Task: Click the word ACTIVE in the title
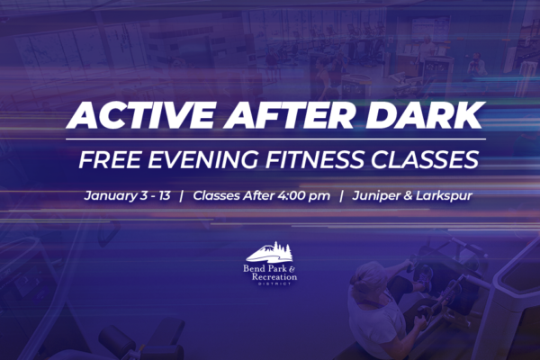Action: [x=139, y=115]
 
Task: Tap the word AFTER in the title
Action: [x=289, y=115]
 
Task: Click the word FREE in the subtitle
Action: [x=110, y=159]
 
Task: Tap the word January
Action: [x=111, y=196]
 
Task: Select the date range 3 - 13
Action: [x=156, y=195]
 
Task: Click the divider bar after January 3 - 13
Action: [x=181, y=195]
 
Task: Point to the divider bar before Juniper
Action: [x=341, y=195]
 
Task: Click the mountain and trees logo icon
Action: [x=269, y=252]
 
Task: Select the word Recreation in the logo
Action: [x=274, y=276]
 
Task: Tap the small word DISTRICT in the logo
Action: [x=274, y=283]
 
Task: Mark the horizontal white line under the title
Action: [x=276, y=139]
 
